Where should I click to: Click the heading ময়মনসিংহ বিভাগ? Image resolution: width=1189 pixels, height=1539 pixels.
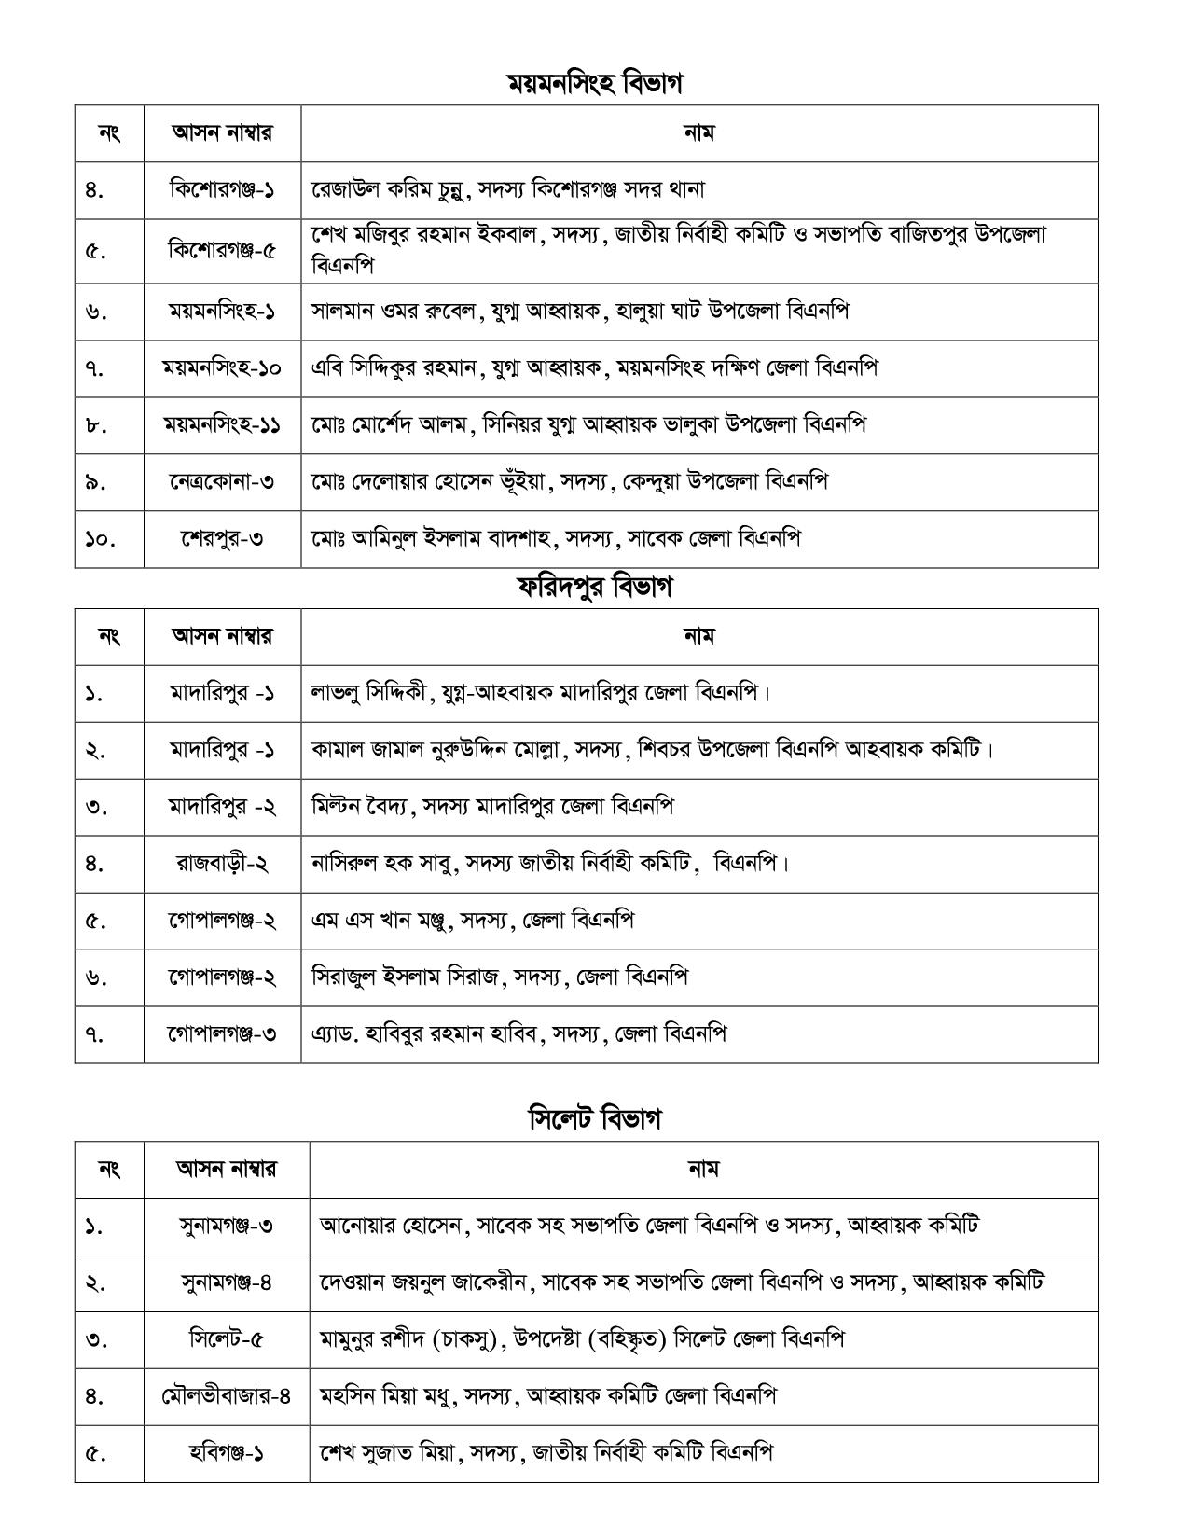594,83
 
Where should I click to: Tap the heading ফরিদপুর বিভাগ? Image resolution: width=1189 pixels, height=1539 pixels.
594,587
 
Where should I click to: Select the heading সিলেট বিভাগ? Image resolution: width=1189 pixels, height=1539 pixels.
594,1117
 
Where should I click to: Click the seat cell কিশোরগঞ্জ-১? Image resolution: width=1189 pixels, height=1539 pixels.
222,189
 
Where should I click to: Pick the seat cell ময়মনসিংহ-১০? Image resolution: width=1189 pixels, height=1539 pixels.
222,367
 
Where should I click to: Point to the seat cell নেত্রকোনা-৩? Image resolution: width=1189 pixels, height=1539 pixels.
222,481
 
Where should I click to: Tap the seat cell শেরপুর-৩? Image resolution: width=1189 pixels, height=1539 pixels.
222,538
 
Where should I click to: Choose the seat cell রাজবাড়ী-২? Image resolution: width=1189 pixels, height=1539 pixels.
222,863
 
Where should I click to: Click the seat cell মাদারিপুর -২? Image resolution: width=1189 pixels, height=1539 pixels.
222,806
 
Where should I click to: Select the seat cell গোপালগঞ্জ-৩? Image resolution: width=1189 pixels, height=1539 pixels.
222,1033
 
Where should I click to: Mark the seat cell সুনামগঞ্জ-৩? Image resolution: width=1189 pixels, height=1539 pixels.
227,1226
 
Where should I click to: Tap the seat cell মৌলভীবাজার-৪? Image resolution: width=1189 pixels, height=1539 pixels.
227,1396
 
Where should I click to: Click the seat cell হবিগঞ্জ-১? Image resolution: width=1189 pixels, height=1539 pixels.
227,1453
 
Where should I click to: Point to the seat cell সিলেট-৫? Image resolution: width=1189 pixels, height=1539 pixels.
227,1339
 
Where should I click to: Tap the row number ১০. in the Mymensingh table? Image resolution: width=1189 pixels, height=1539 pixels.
99,538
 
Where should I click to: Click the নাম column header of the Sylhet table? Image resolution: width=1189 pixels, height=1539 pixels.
703,1168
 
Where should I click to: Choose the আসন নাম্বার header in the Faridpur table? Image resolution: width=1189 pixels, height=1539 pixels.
222,636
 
